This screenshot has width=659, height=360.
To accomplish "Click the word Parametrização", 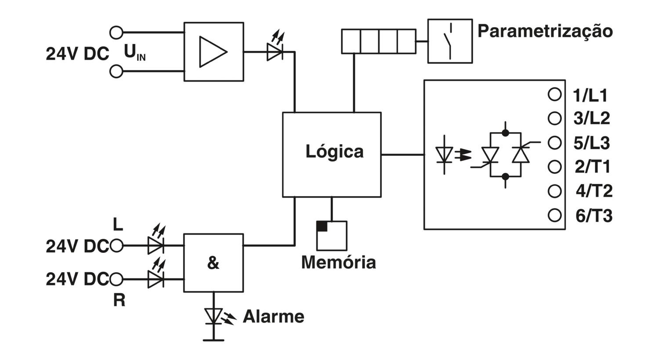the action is click(545, 32).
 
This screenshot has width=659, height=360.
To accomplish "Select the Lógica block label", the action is click(334, 151).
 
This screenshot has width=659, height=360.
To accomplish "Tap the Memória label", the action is click(339, 262).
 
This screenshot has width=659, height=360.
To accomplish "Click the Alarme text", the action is click(274, 317).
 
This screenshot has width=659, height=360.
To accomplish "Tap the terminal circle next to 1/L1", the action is click(554, 95).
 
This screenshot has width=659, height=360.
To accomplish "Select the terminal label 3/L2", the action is click(591, 119).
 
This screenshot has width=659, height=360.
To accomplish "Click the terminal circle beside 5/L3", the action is click(554, 143).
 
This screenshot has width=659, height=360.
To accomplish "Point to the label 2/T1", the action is click(593, 167).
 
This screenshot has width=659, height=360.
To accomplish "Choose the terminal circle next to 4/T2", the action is click(554, 191).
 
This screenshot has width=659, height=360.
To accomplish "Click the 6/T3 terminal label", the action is click(594, 216).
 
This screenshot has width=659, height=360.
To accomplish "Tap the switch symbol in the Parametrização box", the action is click(449, 41).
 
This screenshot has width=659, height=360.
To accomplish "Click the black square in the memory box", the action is click(322, 226).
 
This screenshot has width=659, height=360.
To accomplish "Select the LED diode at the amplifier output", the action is click(275, 48).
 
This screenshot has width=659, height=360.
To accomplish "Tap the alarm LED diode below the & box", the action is click(220, 317).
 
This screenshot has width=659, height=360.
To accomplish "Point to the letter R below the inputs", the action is click(119, 300).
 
